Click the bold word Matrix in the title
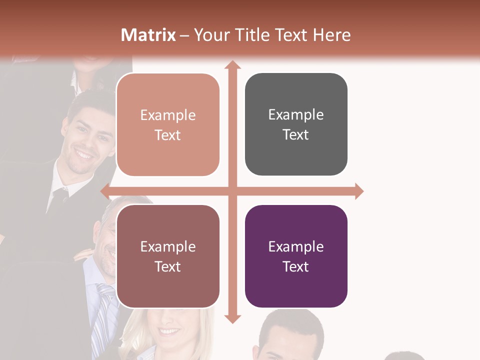tap(148, 35)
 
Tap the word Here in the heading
tap(331, 35)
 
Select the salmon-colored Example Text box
tap(168, 124)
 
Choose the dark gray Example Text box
tap(296, 124)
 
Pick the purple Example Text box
tap(296, 256)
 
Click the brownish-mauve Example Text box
tap(168, 256)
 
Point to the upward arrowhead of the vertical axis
tap(231, 65)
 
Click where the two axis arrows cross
tap(231, 191)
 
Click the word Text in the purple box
tap(296, 266)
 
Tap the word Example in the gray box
tap(296, 114)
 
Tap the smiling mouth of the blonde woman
tap(170, 331)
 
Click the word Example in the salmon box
tap(168, 115)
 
